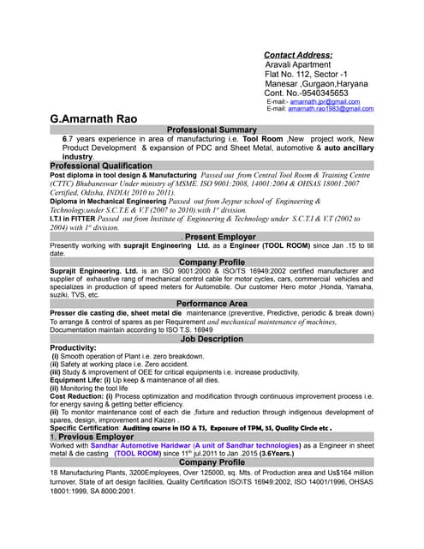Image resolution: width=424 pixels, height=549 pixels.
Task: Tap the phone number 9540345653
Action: point(325,92)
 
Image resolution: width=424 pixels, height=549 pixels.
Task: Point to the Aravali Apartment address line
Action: point(302,65)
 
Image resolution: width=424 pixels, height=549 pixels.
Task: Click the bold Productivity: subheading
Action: point(73,348)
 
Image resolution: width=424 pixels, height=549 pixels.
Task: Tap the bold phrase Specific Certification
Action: point(86,428)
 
